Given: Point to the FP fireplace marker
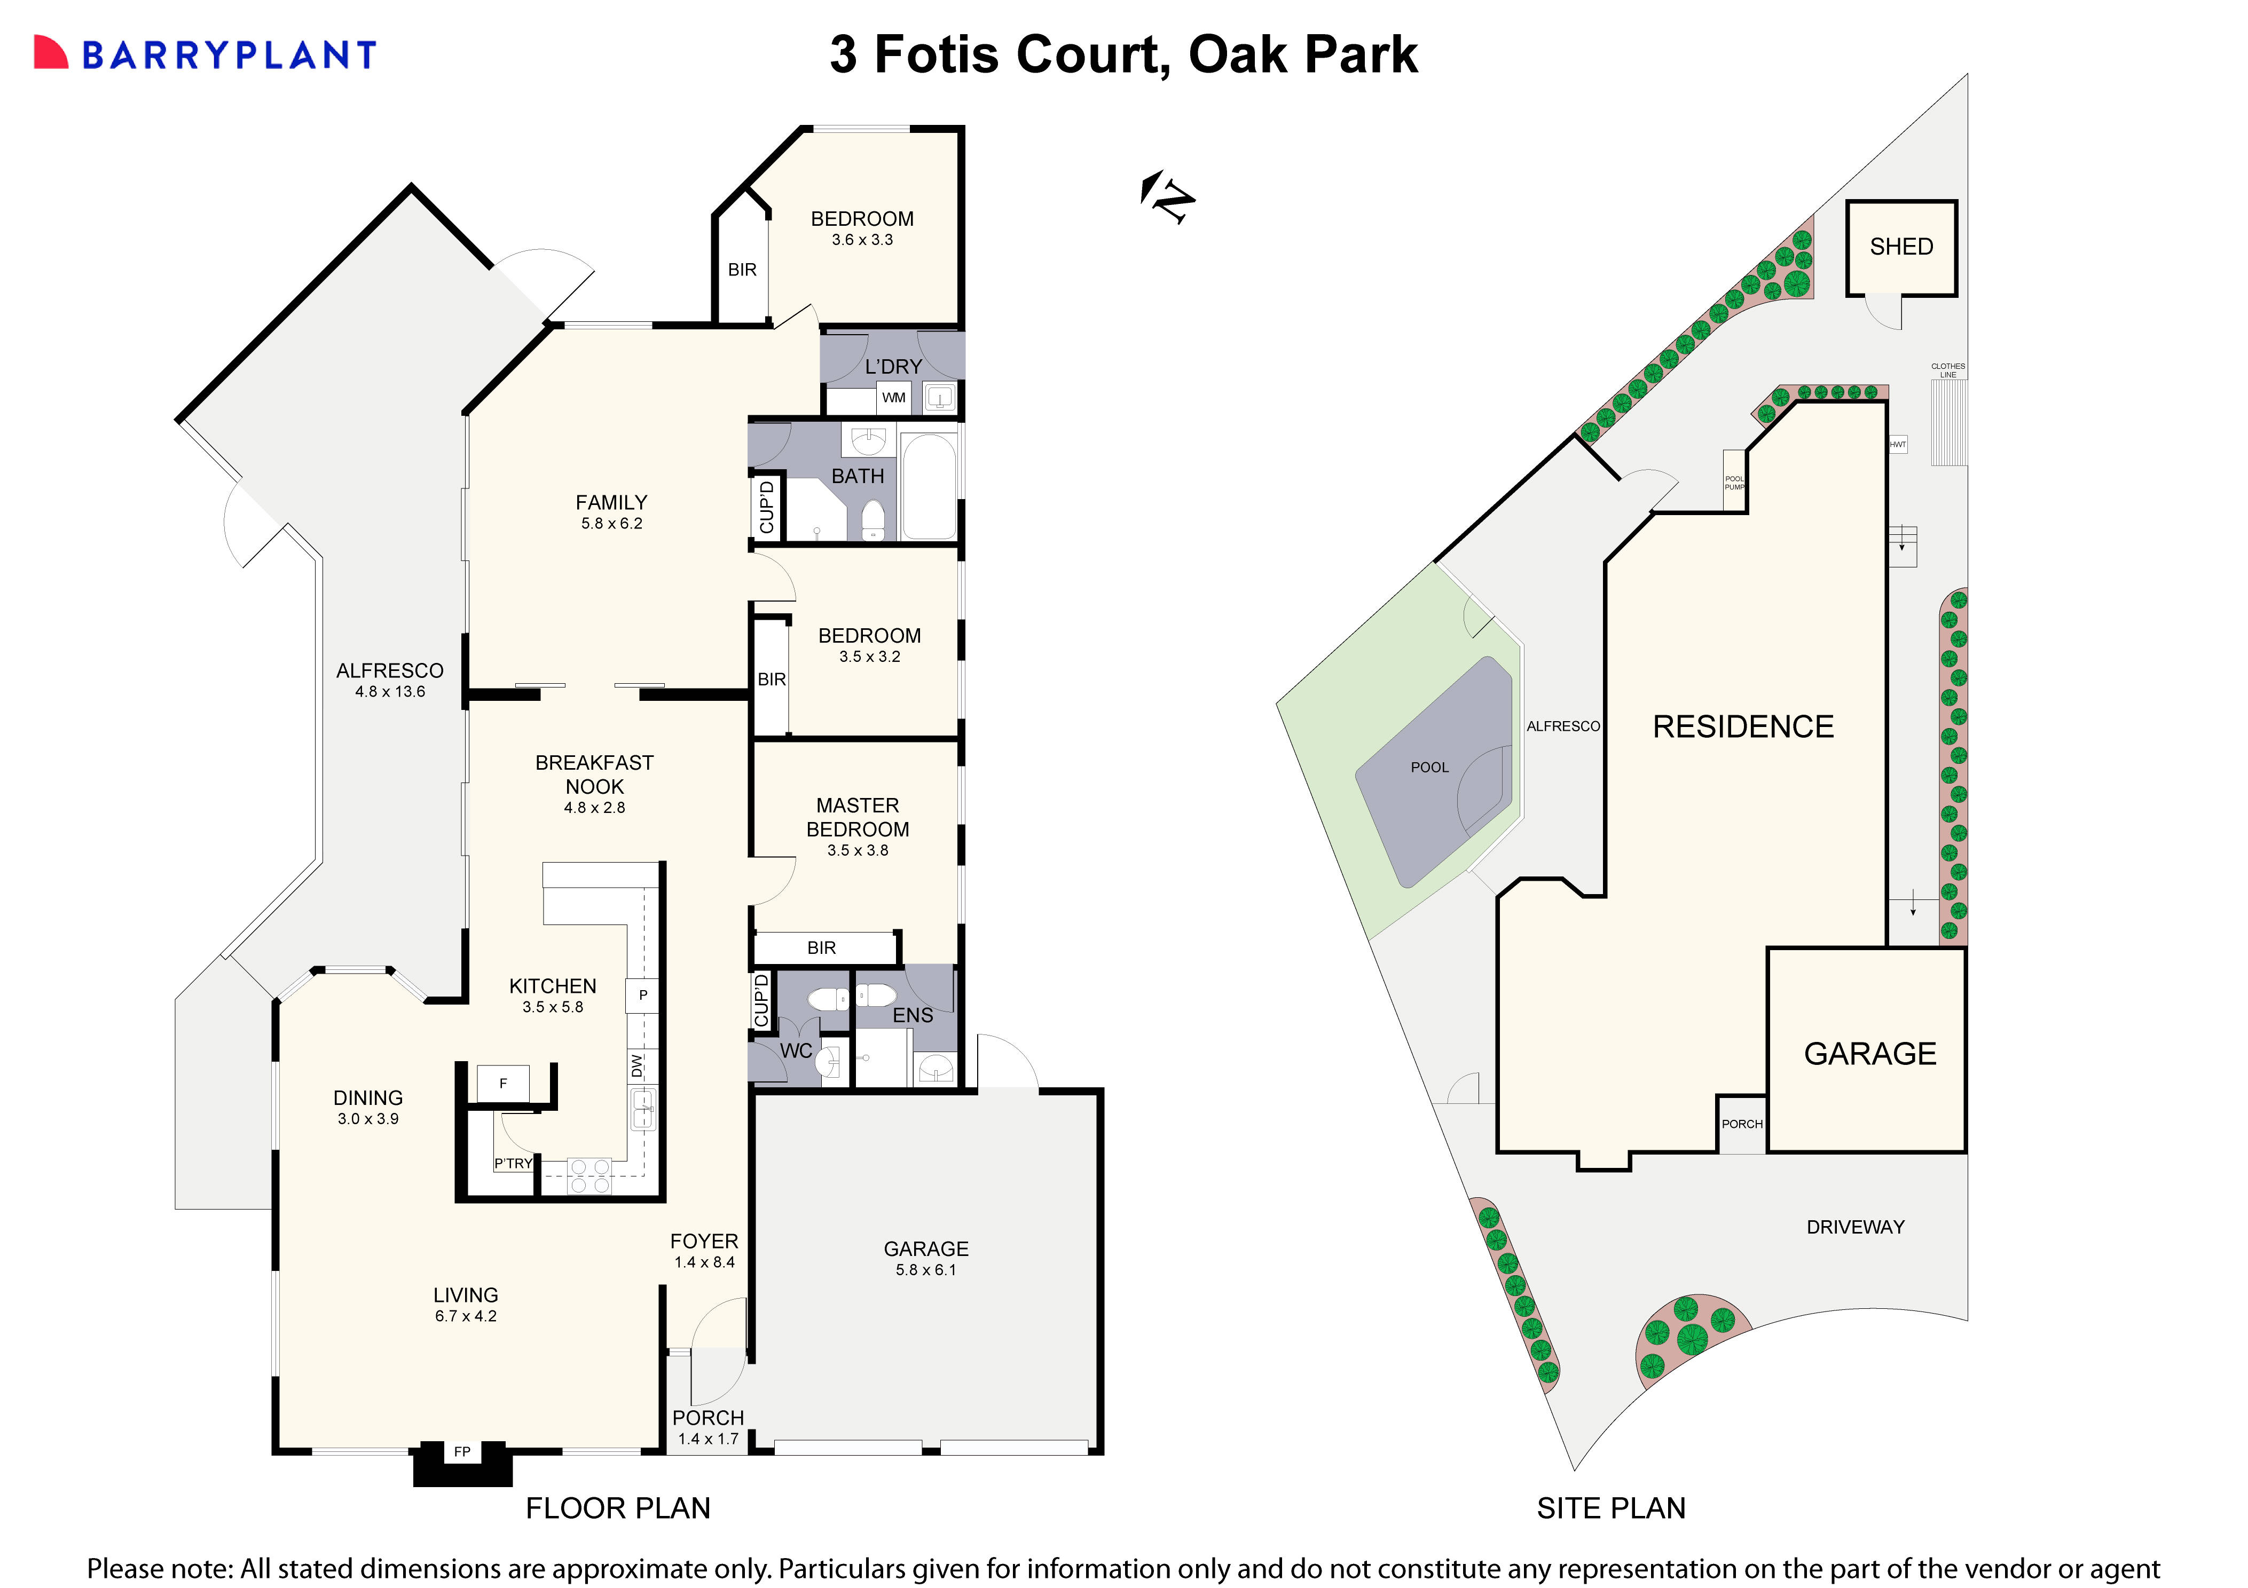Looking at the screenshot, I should coord(462,1452).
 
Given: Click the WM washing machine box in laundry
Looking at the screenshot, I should coord(893,398).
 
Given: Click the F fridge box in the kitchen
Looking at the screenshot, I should coord(503,1084).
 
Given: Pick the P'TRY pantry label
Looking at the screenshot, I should coord(513,1163).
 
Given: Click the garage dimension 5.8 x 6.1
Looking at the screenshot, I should coord(925,1270).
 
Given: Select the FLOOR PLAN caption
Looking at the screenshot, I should coord(618,1508).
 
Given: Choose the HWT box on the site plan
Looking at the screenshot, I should coord(1898,445).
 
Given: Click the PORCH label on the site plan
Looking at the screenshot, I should coord(1742,1124).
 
